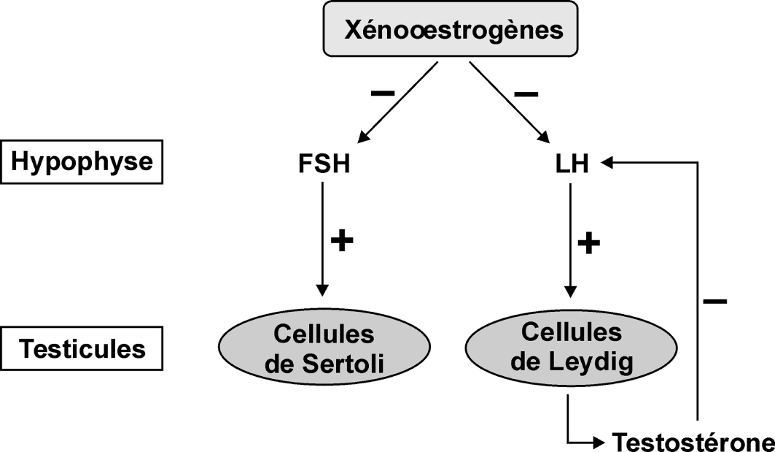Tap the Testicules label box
click(x=82, y=348)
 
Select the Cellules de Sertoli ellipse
click(x=324, y=348)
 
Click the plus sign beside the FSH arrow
click(x=343, y=241)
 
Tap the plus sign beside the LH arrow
click(x=589, y=242)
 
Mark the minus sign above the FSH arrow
click(x=383, y=93)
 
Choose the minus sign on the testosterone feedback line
click(x=715, y=300)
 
